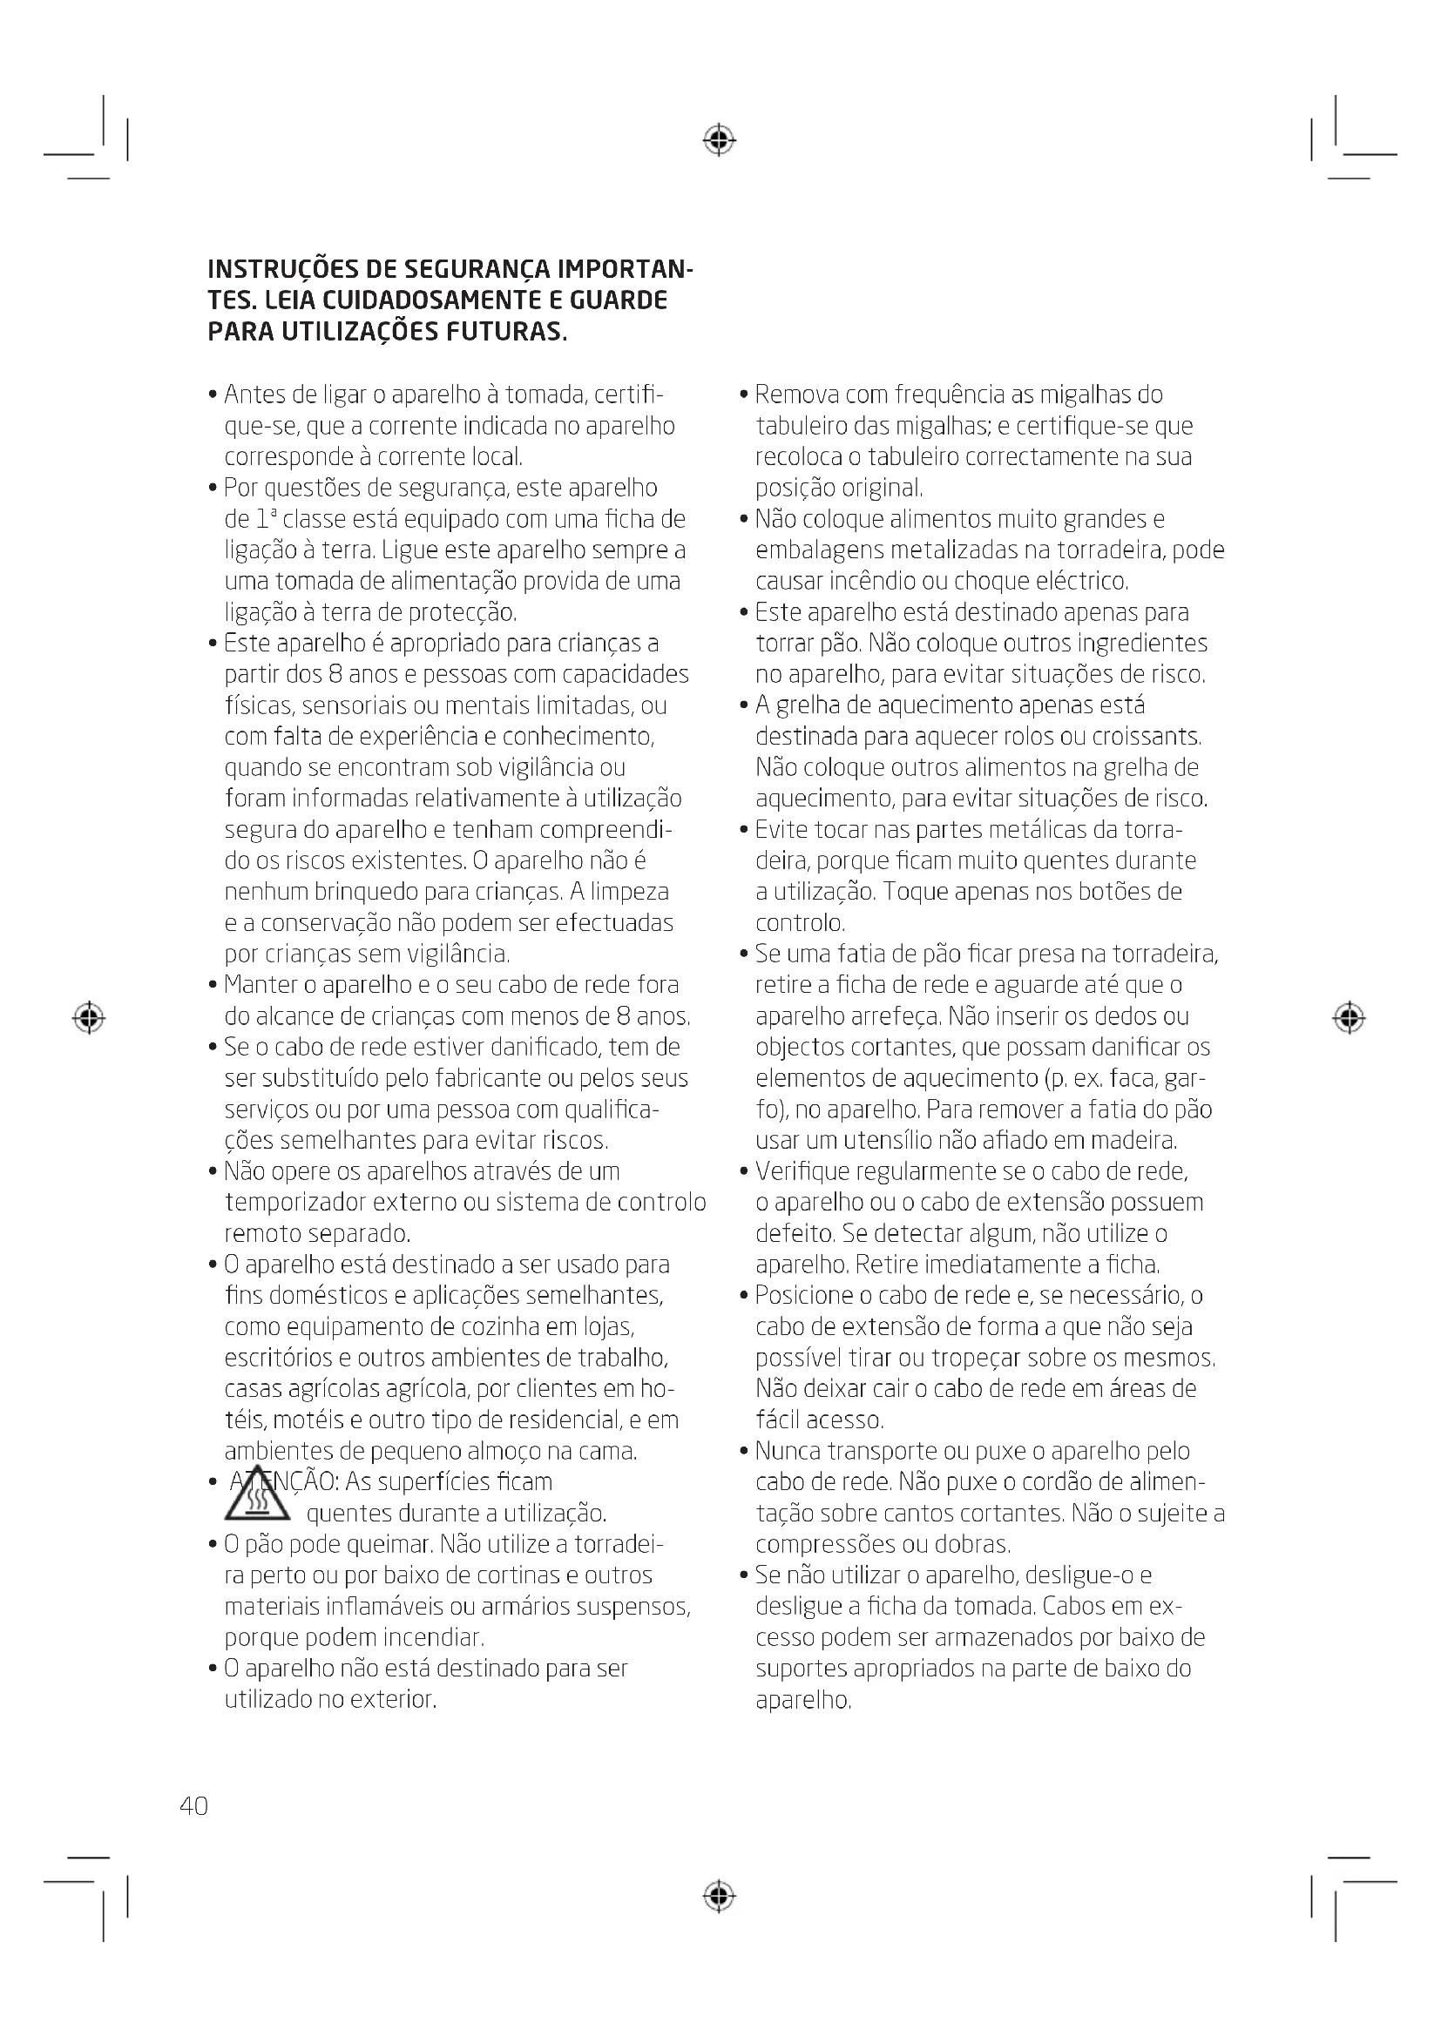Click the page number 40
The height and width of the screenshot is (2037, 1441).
tap(193, 1806)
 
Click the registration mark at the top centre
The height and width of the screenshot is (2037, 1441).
tap(720, 140)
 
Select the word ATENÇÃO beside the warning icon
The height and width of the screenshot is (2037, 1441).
tap(284, 1482)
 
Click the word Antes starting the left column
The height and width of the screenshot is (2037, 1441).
tap(254, 395)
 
